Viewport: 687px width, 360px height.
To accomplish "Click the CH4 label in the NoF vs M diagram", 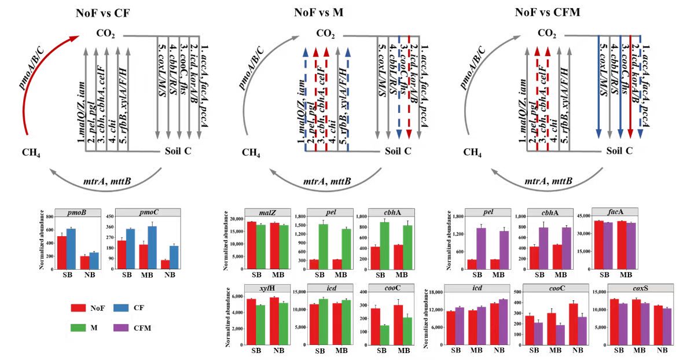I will (251, 153).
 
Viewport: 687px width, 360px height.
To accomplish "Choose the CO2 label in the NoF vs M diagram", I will (326, 35).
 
